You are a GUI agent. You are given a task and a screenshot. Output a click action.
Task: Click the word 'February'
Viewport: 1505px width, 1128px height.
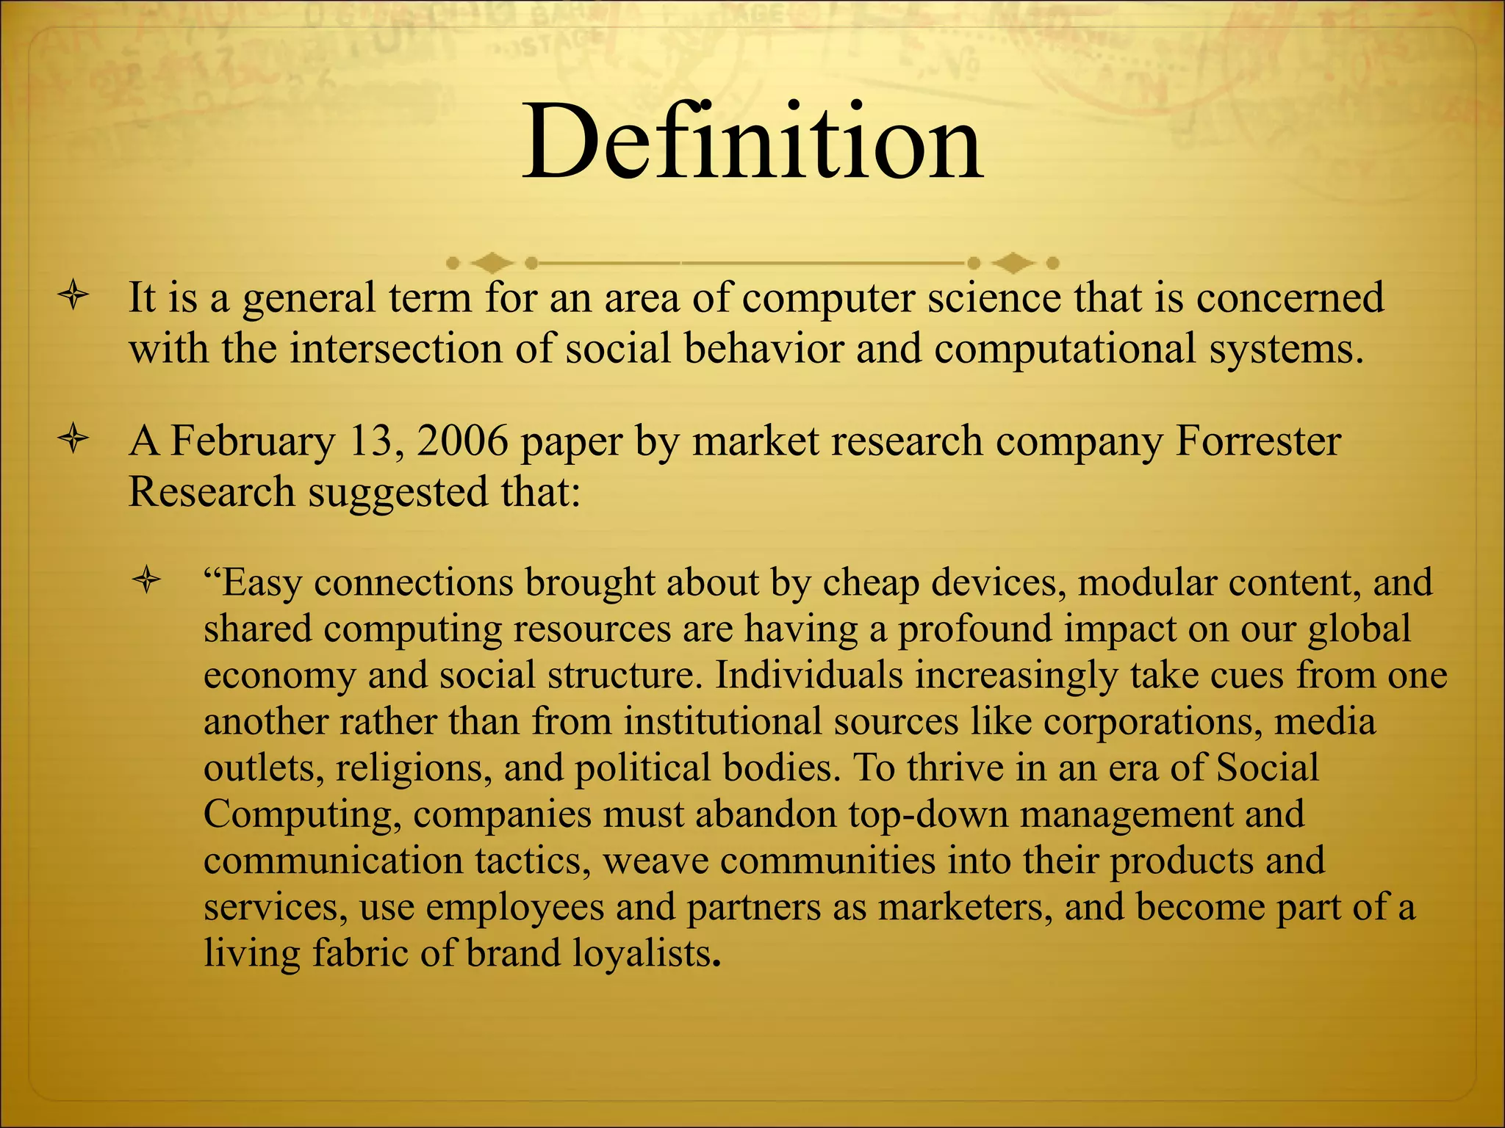pos(252,443)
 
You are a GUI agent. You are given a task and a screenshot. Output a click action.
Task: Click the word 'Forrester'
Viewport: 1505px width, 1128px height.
pos(1258,441)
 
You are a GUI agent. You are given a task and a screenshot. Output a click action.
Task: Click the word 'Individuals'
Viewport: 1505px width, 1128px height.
pos(808,675)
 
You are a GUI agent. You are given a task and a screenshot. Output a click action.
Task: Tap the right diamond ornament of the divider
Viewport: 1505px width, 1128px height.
pos(1013,262)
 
